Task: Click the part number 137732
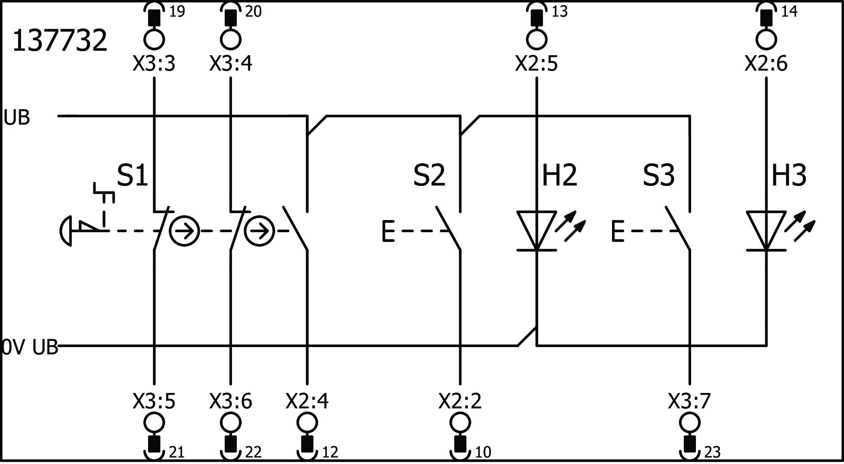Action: pos(60,41)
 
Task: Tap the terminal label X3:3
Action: pos(154,64)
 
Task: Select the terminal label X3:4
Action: pos(231,64)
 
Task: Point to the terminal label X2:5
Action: pos(536,64)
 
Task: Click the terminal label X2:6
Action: pos(766,64)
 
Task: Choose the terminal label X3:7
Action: pos(689,401)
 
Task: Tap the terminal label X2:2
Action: pos(460,401)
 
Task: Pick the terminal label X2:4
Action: pos(307,401)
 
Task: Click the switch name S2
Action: pos(429,175)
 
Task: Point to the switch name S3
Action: pos(659,175)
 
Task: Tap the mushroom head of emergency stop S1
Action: pos(66,231)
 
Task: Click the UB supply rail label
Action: pos(17,118)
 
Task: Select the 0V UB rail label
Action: pos(30,348)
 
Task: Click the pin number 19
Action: pos(177,12)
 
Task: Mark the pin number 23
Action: pos(712,452)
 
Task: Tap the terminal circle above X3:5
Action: pos(154,423)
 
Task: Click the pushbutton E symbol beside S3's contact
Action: pos(617,231)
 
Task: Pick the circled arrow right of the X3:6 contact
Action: pos(260,231)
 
